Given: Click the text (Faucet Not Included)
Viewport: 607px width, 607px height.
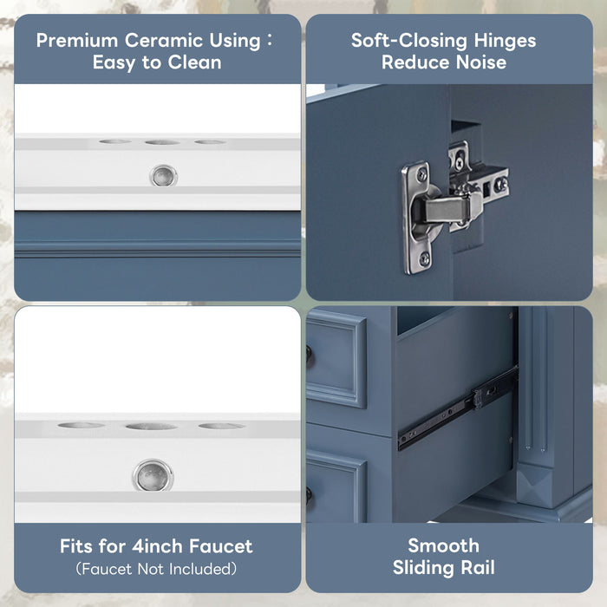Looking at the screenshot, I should [156, 569].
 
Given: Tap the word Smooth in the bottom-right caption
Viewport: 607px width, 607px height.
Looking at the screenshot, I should [443, 545].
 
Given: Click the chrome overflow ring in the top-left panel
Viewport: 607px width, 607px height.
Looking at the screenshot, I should [161, 176].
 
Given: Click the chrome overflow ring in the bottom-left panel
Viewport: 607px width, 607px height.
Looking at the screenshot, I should [153, 476].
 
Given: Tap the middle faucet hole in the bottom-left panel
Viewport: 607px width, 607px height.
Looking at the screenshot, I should [151, 426].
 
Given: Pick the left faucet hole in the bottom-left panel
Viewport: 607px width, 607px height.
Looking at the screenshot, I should [81, 425].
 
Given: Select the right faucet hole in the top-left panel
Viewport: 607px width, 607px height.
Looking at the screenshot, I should [210, 141].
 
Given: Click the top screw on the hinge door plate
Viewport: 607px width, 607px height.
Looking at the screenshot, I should [421, 176].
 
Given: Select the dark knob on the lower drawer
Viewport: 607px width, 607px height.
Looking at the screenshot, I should [310, 495].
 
